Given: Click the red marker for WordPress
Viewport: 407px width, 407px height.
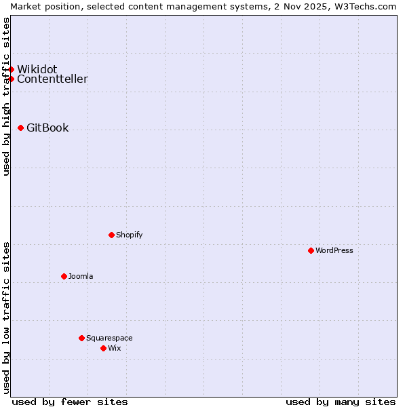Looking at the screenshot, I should tap(311, 250).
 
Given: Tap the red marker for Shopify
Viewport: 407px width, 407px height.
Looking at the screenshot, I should tap(111, 235).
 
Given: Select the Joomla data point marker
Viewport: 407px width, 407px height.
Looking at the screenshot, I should tap(64, 276).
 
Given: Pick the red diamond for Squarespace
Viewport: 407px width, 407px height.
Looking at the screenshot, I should tap(81, 338).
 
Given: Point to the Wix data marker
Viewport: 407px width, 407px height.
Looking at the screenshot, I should tap(103, 348).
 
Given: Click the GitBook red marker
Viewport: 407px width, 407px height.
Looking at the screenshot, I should tap(20, 128).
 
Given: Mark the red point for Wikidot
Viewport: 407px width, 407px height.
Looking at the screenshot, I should tap(11, 69).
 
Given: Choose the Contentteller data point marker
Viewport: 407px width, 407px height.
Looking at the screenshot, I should tap(11, 79).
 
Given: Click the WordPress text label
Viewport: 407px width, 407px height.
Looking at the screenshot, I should tap(334, 250).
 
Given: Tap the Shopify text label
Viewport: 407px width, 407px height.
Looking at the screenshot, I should tap(130, 235).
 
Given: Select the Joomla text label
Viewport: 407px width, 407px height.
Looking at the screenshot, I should tap(81, 276).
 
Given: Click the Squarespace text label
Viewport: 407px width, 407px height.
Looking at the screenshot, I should tap(109, 338).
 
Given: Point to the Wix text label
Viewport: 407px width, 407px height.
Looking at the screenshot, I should tap(115, 348).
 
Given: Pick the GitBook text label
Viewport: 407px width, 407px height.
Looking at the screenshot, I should tap(47, 128).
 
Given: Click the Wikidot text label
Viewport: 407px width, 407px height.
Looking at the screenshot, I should tap(37, 69).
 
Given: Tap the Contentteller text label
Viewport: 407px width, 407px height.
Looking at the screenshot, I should tap(52, 79).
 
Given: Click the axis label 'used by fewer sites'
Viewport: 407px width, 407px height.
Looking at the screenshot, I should tap(70, 402).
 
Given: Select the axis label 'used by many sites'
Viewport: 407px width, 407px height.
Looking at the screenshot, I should tap(341, 402).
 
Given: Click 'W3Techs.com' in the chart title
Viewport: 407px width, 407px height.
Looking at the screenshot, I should tap(364, 6).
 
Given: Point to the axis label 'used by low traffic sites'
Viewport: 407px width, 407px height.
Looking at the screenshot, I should tap(6, 317).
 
